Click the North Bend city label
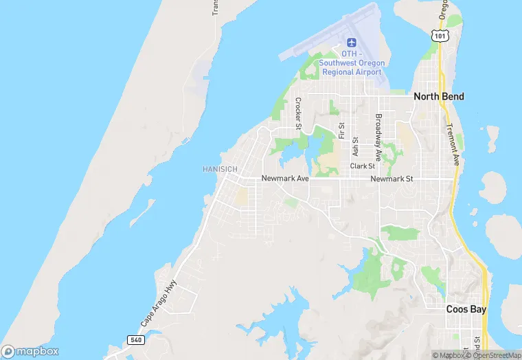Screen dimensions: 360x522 438,97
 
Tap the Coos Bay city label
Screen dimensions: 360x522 466,309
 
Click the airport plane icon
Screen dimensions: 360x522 352,43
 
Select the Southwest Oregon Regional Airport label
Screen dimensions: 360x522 352,63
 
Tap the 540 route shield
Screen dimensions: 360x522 135,340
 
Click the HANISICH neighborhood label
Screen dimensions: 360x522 220,169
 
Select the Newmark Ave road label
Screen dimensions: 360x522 285,179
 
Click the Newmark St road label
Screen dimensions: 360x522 391,179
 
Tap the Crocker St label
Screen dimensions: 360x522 298,113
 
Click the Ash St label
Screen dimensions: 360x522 355,148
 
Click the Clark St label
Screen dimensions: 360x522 362,166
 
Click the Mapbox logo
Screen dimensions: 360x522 31,351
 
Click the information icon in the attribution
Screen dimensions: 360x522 436,355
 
